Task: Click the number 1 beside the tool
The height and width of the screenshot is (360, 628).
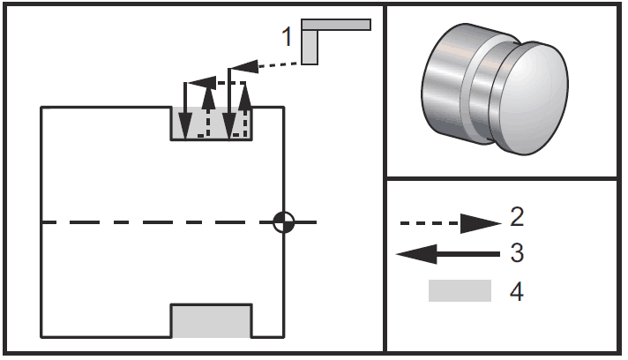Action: coord(287,36)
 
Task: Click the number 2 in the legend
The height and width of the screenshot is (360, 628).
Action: coord(517,217)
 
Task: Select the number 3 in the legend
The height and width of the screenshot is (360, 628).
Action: coord(517,252)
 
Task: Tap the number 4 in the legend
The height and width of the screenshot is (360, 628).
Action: coord(517,291)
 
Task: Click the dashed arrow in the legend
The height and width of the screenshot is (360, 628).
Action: coord(451,223)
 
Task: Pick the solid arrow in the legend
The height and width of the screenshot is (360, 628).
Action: coord(448,254)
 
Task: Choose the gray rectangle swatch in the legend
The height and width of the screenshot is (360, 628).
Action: coord(460,290)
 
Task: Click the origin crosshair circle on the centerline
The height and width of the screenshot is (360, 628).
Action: coord(283,222)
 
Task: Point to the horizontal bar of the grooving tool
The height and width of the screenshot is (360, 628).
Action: coord(336,25)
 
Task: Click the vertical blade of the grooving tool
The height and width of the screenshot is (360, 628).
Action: coord(310,47)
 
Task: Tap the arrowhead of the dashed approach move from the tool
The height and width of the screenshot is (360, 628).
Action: coord(244,67)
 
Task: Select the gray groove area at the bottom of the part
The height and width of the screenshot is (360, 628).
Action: coord(212,321)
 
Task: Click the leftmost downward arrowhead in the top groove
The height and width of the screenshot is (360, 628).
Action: coord(185,126)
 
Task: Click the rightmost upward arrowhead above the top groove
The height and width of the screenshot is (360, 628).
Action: coord(244,95)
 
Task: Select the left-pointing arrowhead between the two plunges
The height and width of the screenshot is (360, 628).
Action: coord(202,83)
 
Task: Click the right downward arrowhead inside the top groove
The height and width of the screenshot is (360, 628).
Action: coord(228,126)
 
